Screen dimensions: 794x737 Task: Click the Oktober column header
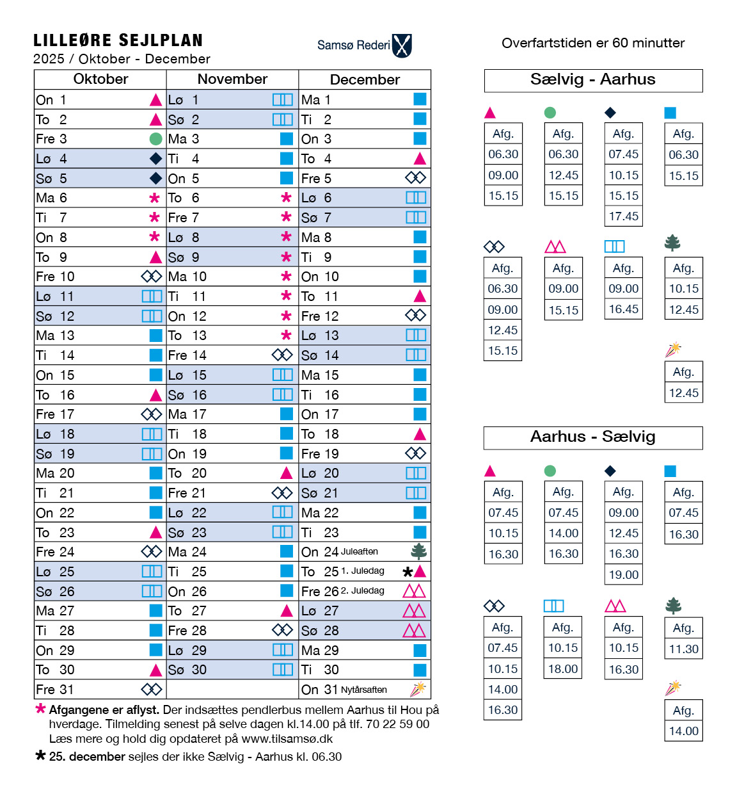coord(100,79)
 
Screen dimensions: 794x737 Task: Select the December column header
coord(365,80)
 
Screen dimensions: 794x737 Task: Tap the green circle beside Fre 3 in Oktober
coord(155,139)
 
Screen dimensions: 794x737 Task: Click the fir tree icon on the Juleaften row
coord(419,551)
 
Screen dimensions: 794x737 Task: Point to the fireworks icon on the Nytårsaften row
coord(418,689)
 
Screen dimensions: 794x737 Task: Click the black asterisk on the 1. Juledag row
coord(408,572)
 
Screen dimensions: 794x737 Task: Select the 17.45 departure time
coord(623,216)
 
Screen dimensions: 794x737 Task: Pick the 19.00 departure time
coord(623,575)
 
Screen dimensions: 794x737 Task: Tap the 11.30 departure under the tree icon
coord(683,649)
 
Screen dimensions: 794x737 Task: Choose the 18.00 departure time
coord(563,669)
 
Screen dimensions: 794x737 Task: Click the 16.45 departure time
coord(623,309)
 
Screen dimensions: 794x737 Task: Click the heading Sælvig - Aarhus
coord(593,80)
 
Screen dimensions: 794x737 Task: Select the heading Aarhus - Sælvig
coord(593,437)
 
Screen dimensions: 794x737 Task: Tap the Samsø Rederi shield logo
coord(402,45)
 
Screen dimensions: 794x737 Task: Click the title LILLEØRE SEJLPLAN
coord(118,41)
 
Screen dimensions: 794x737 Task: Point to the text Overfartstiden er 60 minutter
coord(593,44)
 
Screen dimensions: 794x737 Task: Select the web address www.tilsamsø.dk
coord(287,739)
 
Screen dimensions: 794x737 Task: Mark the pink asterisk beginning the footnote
coord(41,709)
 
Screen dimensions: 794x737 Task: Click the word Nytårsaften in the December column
coord(364,690)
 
